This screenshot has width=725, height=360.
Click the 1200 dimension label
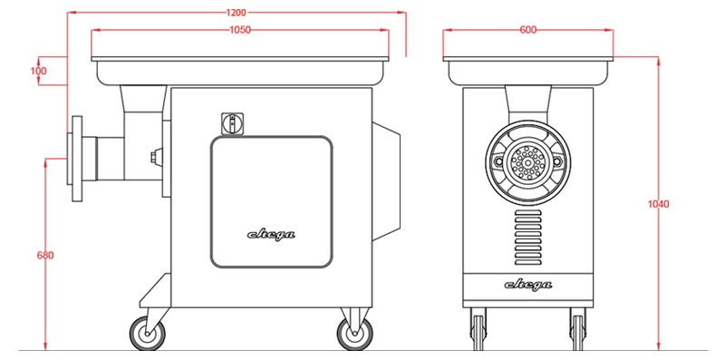(237, 13)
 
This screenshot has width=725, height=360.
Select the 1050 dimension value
(240, 30)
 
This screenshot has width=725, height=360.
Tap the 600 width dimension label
(528, 30)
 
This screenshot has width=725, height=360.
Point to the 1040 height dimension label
(659, 204)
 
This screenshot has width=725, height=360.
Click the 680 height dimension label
(45, 255)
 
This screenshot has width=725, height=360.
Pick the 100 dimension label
(38, 71)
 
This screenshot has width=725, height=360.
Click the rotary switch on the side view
(233, 124)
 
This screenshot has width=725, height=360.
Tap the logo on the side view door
(271, 235)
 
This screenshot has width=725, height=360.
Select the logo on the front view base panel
(528, 285)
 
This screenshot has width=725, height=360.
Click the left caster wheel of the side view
(147, 333)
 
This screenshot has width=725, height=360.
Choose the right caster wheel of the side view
(354, 333)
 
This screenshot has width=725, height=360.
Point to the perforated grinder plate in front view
(527, 162)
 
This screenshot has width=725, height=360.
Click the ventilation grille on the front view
(528, 238)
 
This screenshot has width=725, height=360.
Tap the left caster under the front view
(478, 329)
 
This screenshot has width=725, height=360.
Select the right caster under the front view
(577, 329)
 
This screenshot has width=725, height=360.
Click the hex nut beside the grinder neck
(157, 157)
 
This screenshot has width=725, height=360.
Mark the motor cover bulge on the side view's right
(387, 181)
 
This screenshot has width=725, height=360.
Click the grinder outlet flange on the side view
(77, 159)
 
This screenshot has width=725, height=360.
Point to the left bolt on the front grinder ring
(498, 161)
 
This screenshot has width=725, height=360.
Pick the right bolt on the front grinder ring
(557, 161)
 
